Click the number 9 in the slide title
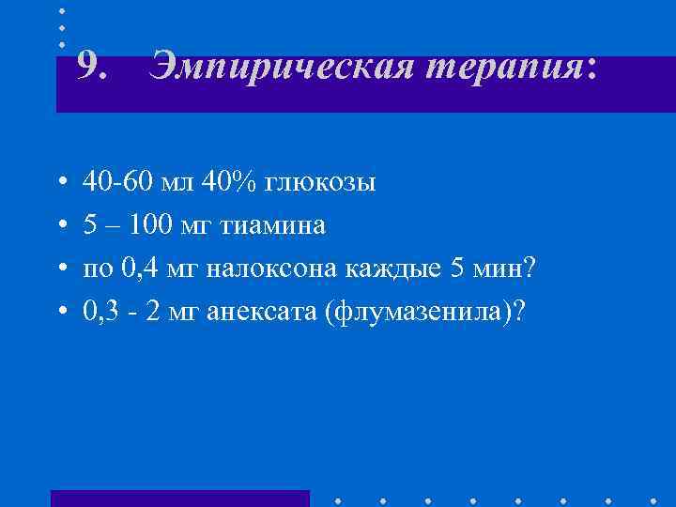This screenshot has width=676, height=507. click(x=88, y=67)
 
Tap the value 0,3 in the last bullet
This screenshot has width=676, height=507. click(x=100, y=313)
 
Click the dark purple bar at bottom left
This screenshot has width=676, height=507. click(x=179, y=499)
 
